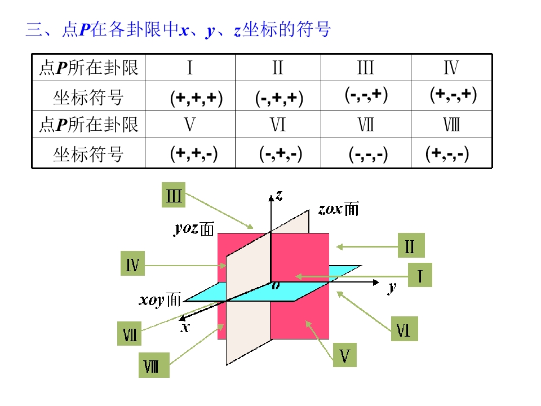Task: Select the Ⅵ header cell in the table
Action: coord(278,125)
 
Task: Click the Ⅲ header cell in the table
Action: coord(366,67)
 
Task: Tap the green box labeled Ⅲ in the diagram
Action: coord(174,195)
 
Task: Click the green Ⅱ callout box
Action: coord(411,245)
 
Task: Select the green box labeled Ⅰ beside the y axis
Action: coord(420,275)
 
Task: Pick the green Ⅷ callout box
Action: coord(154,365)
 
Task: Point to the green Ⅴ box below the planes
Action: coord(345,355)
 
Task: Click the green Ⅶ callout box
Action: coord(130,333)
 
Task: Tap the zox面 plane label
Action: coord(339,209)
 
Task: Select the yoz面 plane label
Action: coord(194,229)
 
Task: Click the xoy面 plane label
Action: coord(160,299)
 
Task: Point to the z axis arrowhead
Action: coord(271,197)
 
